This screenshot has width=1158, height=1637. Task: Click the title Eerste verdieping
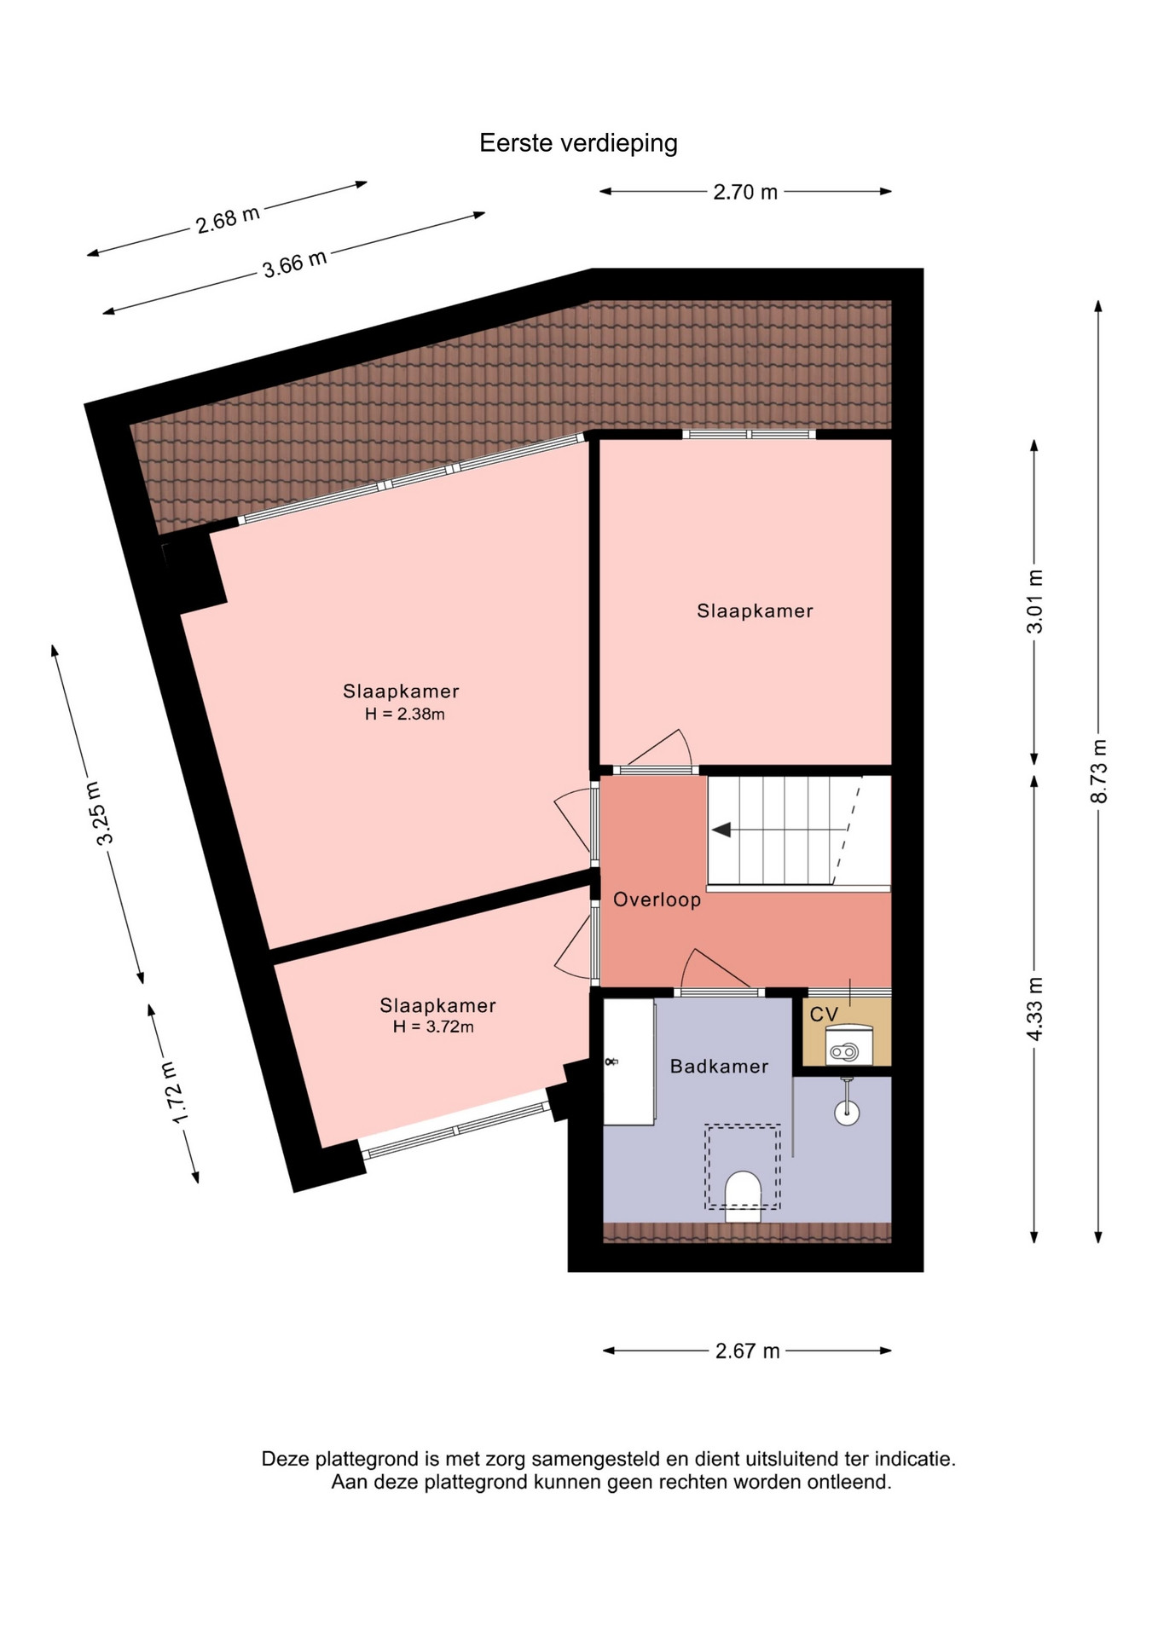pyautogui.click(x=578, y=143)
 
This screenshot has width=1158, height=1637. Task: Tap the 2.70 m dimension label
pyautogui.click(x=745, y=193)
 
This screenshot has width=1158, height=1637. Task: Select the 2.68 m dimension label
pyautogui.click(x=228, y=219)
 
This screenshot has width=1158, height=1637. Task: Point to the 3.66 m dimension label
pyautogui.click(x=294, y=263)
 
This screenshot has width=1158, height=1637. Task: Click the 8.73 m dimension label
pyautogui.click(x=1099, y=771)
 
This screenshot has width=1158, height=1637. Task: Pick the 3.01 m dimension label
pyautogui.click(x=1034, y=601)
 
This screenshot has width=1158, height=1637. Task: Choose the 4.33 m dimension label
pyautogui.click(x=1034, y=1009)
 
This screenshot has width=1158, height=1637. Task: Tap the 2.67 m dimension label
pyautogui.click(x=748, y=1351)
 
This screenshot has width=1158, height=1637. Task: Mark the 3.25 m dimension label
pyautogui.click(x=100, y=813)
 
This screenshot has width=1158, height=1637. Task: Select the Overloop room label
pyautogui.click(x=657, y=899)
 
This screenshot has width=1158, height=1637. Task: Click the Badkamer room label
pyautogui.click(x=719, y=1067)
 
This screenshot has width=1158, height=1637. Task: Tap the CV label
pyautogui.click(x=824, y=1015)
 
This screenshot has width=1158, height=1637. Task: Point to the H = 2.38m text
pyautogui.click(x=405, y=714)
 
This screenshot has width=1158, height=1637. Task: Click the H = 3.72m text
pyautogui.click(x=433, y=1027)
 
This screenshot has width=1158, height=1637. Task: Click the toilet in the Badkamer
pyautogui.click(x=743, y=1196)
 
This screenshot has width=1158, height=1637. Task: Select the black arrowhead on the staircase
pyautogui.click(x=721, y=830)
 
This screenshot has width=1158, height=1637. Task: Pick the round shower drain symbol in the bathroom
pyautogui.click(x=847, y=1112)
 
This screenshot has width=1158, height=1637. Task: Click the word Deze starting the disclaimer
pyautogui.click(x=287, y=1459)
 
